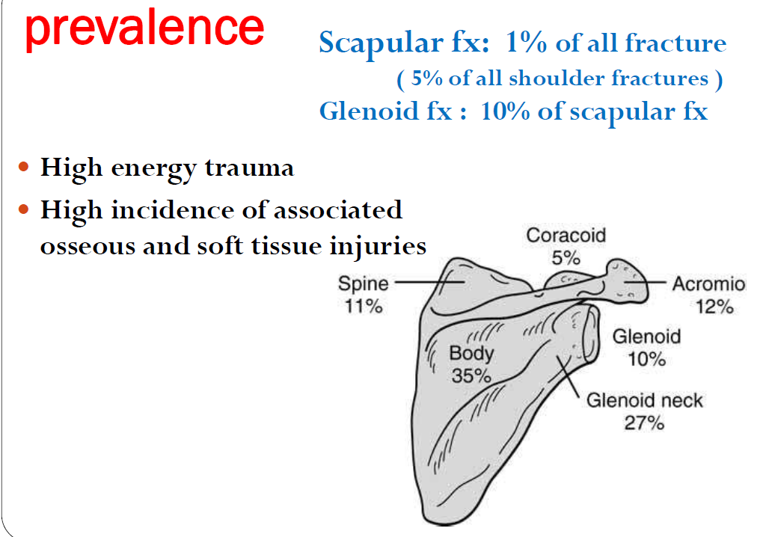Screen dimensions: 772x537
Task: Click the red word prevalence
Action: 144,28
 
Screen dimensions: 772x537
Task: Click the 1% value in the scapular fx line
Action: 526,43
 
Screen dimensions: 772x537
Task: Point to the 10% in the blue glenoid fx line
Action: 505,111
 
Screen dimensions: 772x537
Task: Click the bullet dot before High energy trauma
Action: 23,167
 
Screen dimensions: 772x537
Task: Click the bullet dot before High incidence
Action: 23,209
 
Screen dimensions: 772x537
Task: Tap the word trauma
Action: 249,168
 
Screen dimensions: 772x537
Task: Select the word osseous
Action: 88,247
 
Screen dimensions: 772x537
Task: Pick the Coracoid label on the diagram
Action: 566,236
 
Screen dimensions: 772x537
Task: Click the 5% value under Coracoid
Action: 566,258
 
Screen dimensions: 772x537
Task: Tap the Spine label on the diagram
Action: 363,284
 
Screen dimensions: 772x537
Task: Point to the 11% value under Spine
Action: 364,307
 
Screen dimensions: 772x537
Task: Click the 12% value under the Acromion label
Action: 714,307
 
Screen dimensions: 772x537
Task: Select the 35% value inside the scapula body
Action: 471,375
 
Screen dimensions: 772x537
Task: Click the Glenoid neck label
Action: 644,400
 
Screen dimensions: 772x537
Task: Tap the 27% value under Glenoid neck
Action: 644,423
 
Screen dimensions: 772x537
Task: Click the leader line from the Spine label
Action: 429,283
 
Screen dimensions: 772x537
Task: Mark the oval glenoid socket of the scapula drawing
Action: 590,334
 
